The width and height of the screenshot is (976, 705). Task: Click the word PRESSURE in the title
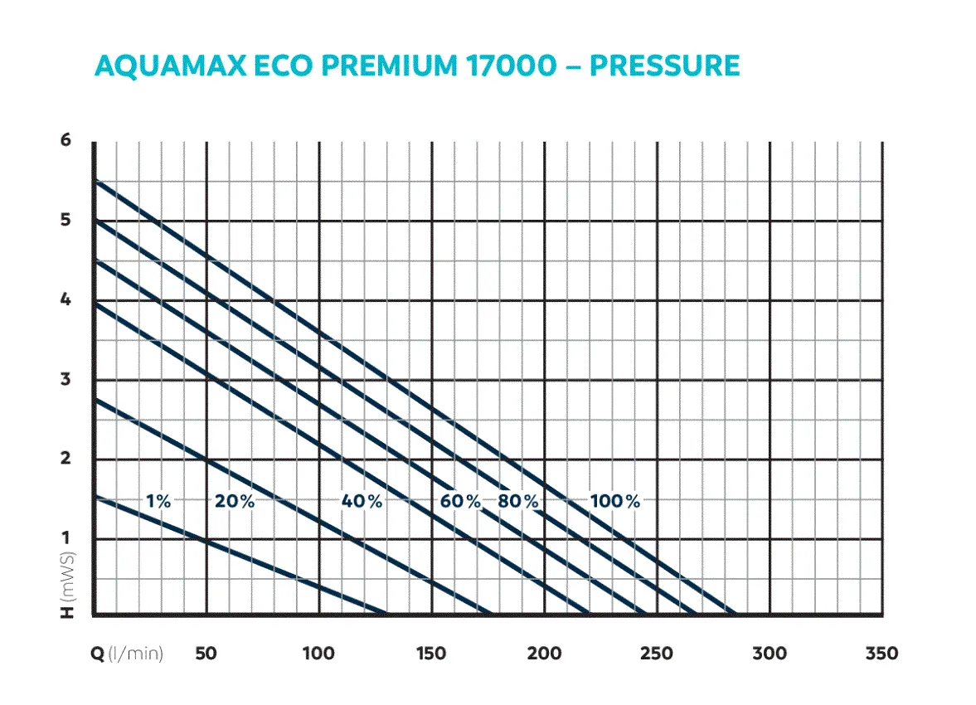664,66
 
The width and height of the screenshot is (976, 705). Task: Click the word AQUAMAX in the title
171,66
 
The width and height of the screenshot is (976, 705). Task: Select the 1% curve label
158,502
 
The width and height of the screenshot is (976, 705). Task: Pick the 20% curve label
235,502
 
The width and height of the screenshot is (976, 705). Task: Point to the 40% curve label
362,502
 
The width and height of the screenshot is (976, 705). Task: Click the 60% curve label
460,502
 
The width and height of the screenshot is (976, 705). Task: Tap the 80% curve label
518,502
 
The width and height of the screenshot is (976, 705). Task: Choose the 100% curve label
615,502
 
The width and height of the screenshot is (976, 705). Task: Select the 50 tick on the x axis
206,654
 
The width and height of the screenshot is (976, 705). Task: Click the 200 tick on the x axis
544,654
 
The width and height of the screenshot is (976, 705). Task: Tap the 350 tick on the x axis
881,654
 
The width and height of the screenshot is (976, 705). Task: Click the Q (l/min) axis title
127,654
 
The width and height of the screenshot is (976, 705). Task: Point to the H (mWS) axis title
67,585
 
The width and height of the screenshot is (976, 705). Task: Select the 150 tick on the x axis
431,654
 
